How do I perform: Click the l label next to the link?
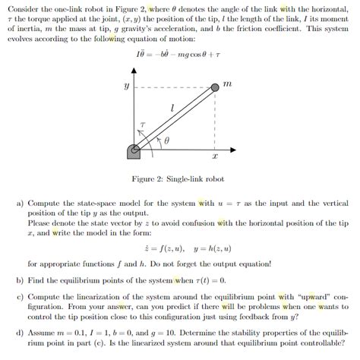pyautogui.click(x=174, y=110)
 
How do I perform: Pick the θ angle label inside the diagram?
pyautogui.click(x=168, y=141)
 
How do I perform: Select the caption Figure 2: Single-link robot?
pyautogui.click(x=180, y=178)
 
